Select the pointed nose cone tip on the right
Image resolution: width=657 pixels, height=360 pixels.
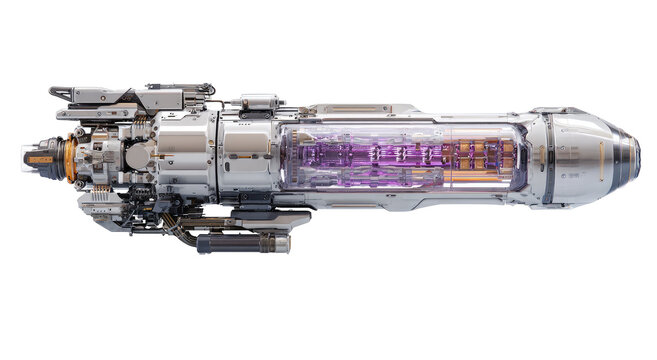point(636,157)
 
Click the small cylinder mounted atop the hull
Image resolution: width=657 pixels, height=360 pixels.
point(258,101)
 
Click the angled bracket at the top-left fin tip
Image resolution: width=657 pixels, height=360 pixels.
point(60,94)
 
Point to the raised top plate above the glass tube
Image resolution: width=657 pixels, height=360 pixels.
point(350,108)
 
